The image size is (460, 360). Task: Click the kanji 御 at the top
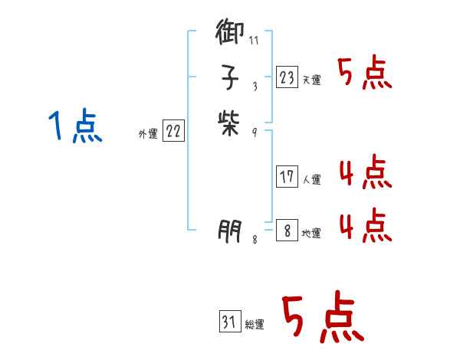click(230, 34)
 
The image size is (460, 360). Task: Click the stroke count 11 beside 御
click(255, 40)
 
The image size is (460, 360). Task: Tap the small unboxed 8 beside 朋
click(255, 240)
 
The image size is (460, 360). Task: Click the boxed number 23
click(287, 77)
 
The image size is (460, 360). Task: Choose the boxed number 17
click(287, 177)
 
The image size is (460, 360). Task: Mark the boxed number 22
click(173, 132)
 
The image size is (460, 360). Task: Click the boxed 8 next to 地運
click(287, 231)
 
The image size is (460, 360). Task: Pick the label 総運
click(255, 325)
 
